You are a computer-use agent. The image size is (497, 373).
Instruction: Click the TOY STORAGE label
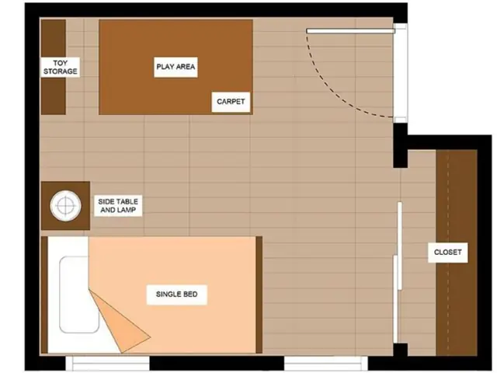61,67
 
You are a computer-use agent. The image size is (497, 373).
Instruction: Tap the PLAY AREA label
176,67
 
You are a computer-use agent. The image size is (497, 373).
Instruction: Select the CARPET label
231,102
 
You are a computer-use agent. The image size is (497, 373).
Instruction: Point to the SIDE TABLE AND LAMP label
118,206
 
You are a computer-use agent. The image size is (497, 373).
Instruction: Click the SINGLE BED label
176,295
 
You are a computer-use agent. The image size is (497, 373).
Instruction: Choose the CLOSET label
447,253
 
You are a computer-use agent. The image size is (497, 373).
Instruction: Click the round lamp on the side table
65,205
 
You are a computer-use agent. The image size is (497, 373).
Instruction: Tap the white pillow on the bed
78,295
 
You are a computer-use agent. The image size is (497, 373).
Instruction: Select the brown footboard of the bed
259,295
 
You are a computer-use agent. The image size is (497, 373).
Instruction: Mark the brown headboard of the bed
44,295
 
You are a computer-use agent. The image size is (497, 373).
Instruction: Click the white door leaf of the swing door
350,31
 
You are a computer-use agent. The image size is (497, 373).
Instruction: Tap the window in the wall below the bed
108,363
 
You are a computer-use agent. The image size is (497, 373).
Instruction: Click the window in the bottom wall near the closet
326,363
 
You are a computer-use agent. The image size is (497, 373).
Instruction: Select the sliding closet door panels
398,273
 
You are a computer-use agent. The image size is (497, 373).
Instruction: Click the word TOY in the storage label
61,63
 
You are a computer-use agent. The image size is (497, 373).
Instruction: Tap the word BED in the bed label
189,295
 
